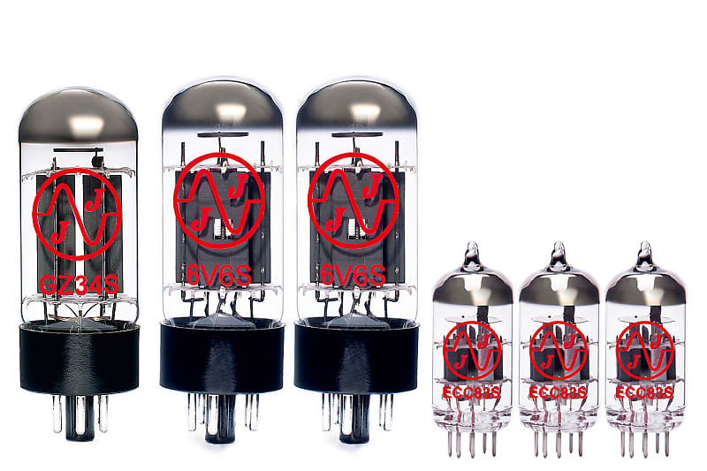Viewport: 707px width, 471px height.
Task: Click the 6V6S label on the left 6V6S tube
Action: tap(218, 276)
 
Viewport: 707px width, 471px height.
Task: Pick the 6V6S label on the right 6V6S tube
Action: tap(353, 276)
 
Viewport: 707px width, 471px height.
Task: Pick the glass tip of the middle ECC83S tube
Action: tap(559, 251)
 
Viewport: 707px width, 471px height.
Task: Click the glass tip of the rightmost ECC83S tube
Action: tap(645, 251)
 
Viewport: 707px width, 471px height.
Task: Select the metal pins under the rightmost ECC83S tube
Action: tap(645, 438)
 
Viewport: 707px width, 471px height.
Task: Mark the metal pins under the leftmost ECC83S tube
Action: tap(472, 438)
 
